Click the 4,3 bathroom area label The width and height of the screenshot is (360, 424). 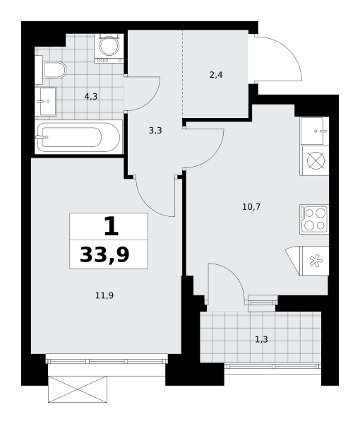tap(91, 97)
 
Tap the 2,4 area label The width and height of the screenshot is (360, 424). tap(216, 75)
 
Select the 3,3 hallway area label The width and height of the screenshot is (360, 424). tap(155, 131)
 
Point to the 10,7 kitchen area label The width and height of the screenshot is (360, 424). tap(251, 207)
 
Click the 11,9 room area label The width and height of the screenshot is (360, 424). tap(104, 295)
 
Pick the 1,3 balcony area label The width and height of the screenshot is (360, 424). tap(261, 339)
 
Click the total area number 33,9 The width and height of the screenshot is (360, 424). tap(104, 254)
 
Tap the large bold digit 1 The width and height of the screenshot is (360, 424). tap(112, 226)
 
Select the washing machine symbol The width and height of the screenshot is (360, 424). tap(109, 48)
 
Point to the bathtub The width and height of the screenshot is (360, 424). tap(79, 137)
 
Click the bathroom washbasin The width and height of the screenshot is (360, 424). tap(46, 102)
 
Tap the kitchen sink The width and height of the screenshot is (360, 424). tap(314, 131)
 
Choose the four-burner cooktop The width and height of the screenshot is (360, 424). tap(314, 219)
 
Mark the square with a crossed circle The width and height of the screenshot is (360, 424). tap(314, 160)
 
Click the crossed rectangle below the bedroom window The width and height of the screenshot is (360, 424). tap(78, 389)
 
